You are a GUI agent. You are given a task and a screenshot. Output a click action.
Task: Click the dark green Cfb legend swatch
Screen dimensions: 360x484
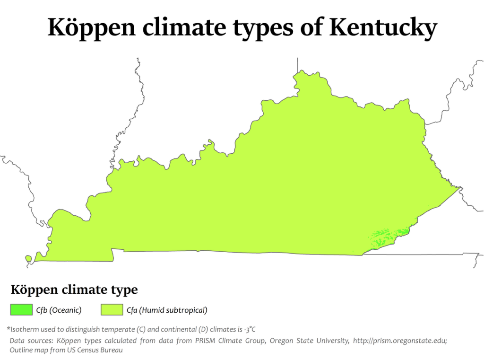(x=21, y=310)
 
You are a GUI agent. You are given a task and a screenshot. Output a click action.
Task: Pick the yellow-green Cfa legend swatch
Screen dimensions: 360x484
(x=112, y=310)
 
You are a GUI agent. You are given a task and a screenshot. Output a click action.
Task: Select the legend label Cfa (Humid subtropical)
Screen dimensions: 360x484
(x=167, y=310)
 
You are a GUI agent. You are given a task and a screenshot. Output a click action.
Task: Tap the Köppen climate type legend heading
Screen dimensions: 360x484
(x=74, y=289)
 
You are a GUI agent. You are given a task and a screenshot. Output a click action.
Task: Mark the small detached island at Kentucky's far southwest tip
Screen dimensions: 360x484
(x=28, y=258)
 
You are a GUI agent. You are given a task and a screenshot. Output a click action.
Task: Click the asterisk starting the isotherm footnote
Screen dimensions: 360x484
(x=9, y=328)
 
